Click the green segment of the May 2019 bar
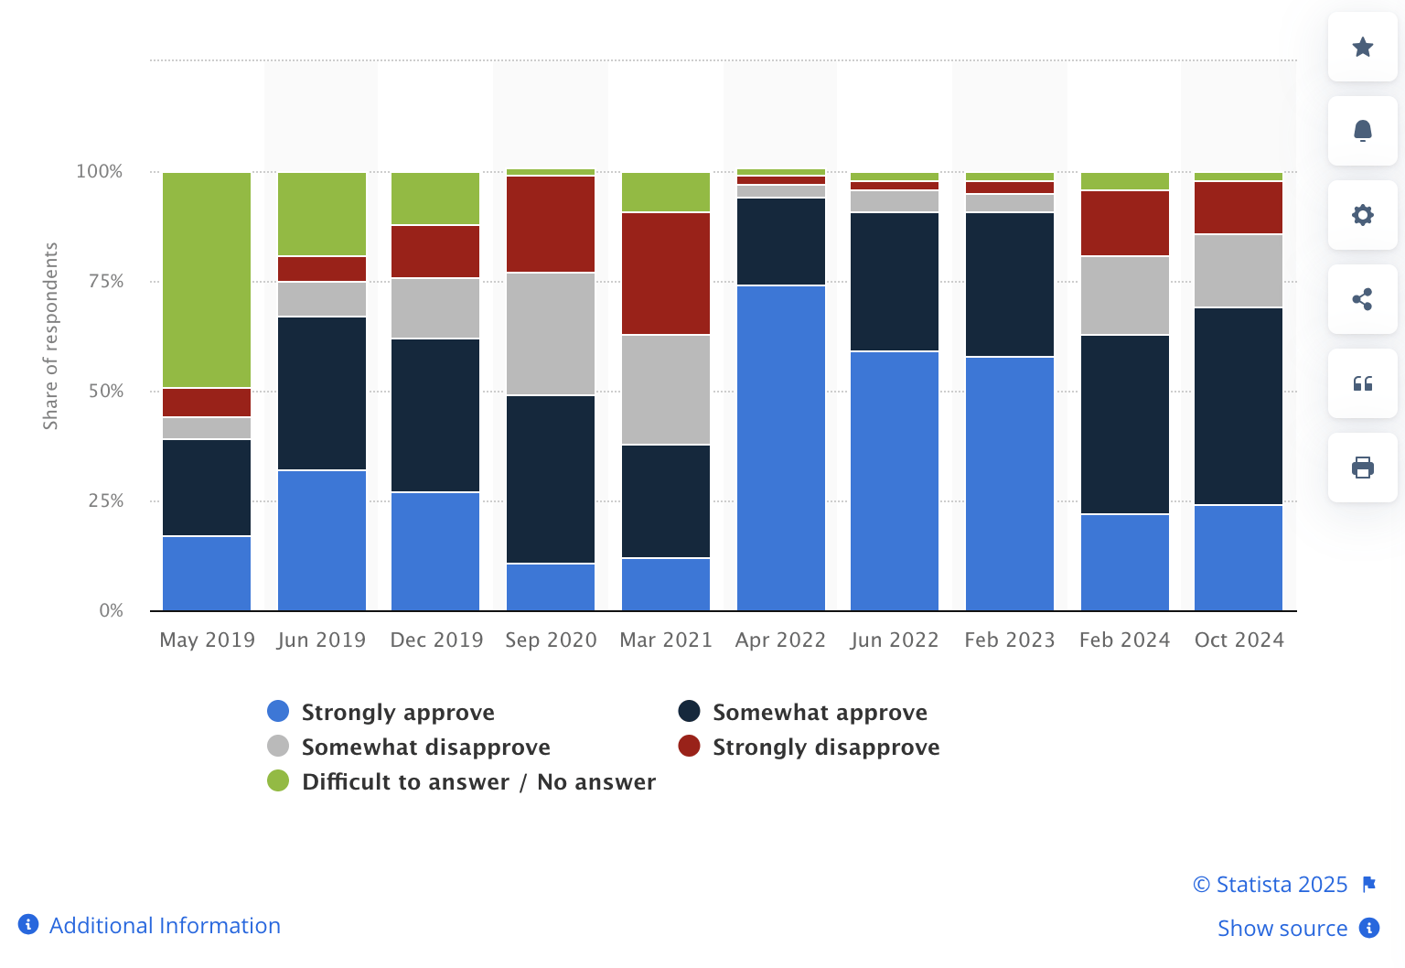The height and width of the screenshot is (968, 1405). coord(207,280)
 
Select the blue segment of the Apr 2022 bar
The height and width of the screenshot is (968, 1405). coord(780,448)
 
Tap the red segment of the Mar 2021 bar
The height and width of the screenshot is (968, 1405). coord(665,274)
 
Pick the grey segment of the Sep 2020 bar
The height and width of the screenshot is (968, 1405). coord(550,334)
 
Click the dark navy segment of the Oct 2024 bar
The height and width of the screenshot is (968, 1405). coord(1238,406)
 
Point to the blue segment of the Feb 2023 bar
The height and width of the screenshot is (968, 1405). coord(1009,483)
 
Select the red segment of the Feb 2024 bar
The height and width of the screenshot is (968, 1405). coord(1124,223)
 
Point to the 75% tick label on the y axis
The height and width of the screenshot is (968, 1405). coord(106,281)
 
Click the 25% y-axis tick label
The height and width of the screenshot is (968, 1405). coord(106,500)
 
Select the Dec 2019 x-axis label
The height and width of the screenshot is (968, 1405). coord(436,640)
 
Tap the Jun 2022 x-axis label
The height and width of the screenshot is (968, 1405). coord(894,640)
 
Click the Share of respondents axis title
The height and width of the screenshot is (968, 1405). coord(50,336)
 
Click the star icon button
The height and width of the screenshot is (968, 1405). coord(1362,47)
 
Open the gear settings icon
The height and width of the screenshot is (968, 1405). coord(1362,215)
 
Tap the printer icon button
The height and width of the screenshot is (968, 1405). coord(1362,468)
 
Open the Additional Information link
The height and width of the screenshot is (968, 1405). coord(164,925)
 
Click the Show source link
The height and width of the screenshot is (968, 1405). coord(1282,928)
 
